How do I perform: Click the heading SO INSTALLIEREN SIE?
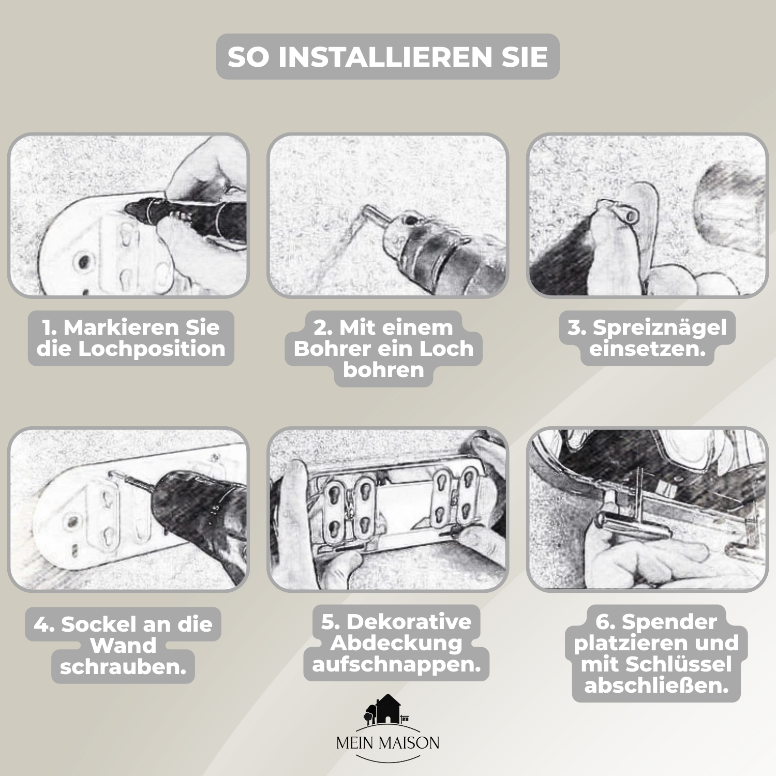point(387,56)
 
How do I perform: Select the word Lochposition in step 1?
point(152,349)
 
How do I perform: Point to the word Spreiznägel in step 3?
point(660,328)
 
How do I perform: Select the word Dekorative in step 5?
point(409,621)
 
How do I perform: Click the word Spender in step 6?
point(669,622)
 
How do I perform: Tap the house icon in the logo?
point(386,709)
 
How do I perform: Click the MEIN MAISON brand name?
point(387,743)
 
